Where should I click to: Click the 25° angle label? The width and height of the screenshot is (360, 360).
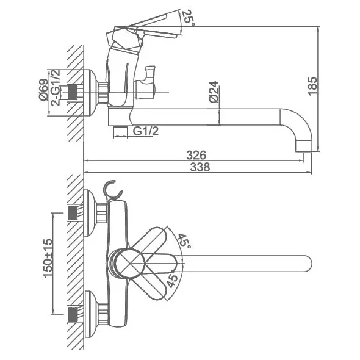188,18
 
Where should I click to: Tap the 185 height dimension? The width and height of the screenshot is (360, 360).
312,86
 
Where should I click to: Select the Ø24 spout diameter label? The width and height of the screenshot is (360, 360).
214,92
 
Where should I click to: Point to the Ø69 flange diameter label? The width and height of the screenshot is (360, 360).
43,90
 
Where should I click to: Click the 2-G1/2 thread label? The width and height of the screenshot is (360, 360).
56,87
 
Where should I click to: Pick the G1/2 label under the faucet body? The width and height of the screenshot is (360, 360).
146,131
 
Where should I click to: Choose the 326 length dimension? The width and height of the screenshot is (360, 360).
196,155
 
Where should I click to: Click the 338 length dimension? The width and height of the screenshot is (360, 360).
200,167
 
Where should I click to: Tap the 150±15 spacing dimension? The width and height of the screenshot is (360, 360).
48,258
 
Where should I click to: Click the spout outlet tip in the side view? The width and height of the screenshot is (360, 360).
303,146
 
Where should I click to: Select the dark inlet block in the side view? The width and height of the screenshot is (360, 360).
73,93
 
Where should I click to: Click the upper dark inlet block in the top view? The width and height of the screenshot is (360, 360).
73,213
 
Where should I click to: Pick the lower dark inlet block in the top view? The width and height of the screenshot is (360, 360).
73,314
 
